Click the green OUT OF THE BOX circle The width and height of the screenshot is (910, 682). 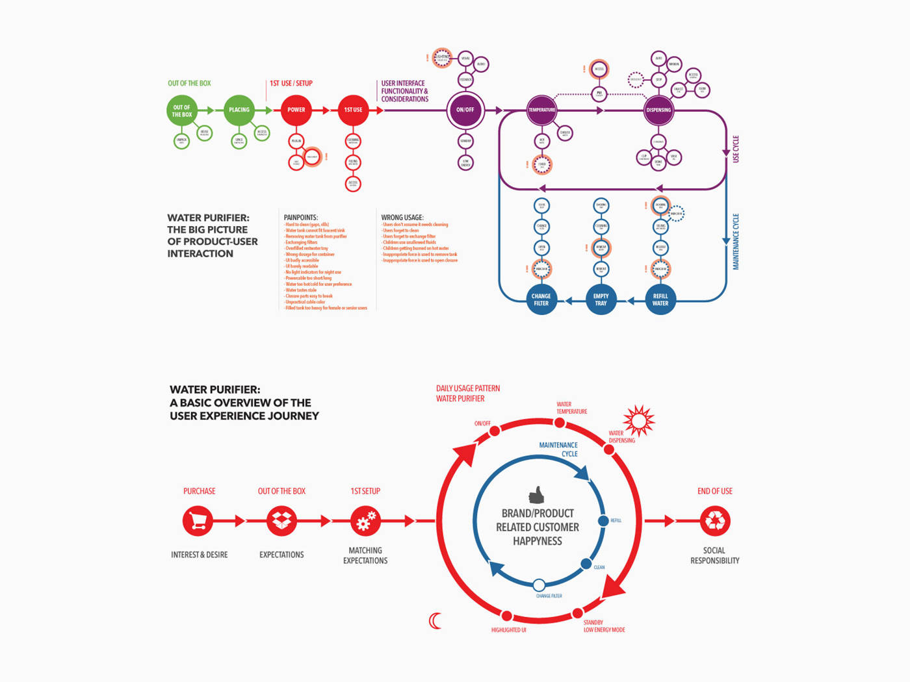coord(182,110)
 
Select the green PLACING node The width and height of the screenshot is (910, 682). coord(239,110)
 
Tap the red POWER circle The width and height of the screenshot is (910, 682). coord(296,110)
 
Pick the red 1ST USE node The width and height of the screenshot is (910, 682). coord(353,110)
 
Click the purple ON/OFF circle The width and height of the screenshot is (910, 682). coord(465,110)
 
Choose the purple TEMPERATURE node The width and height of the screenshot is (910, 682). coord(541,110)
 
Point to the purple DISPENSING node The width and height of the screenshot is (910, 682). coord(658,110)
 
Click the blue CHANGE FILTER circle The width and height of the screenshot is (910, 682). coord(541,299)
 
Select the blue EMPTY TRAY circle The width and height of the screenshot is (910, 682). coord(601,299)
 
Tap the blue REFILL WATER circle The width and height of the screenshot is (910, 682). coord(660,299)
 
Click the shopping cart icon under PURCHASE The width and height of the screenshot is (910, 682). coord(198,521)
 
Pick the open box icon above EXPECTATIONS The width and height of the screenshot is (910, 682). coord(281,521)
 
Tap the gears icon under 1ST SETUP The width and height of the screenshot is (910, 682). coord(365,521)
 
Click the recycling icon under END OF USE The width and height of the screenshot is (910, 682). coord(715,521)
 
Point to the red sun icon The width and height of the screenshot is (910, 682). coord(639,421)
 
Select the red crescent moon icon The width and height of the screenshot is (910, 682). coord(435,621)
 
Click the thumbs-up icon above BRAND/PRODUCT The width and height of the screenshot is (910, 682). coord(536,496)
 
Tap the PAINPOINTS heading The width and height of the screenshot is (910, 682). coord(301,218)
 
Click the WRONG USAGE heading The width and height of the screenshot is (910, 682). coord(402,218)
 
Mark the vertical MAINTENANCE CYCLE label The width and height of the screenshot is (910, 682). coord(736,242)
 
